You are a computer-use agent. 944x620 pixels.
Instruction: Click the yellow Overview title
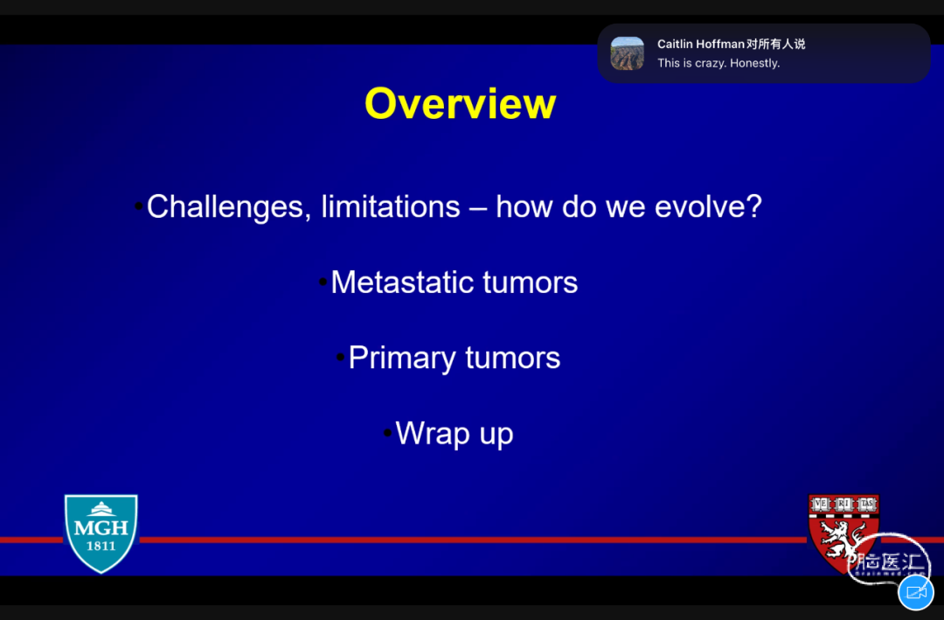click(x=460, y=104)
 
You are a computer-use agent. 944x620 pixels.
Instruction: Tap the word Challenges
click(x=229, y=207)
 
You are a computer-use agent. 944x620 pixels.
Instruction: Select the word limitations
click(x=391, y=206)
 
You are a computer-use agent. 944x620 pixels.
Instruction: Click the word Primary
click(x=401, y=359)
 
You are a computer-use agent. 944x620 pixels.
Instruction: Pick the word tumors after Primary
click(x=513, y=358)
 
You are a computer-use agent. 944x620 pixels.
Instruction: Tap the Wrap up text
click(x=455, y=434)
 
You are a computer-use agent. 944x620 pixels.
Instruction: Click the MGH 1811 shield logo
click(x=101, y=533)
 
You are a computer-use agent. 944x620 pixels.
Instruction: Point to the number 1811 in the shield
click(x=101, y=546)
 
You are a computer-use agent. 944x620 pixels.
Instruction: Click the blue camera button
click(x=916, y=592)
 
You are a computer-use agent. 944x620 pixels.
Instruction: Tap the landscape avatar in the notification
click(x=628, y=53)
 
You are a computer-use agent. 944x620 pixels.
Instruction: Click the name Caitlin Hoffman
click(x=701, y=44)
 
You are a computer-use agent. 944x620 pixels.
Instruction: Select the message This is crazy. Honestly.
click(x=718, y=63)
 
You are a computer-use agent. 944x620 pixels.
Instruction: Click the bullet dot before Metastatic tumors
click(x=323, y=282)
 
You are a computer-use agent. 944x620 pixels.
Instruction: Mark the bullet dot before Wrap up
click(x=388, y=433)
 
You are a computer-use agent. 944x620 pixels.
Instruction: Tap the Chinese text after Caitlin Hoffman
click(x=775, y=44)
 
